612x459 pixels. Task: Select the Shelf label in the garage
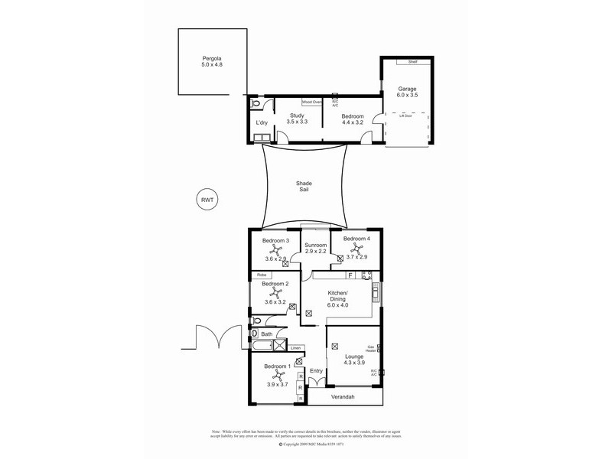412,62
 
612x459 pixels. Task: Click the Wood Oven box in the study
311,101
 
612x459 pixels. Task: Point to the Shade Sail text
305,188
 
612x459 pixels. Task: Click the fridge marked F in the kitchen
350,275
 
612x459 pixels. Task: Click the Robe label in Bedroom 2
262,274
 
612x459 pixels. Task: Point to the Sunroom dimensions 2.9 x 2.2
315,250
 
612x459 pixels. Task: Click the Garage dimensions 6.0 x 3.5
407,95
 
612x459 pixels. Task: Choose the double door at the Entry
317,382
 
